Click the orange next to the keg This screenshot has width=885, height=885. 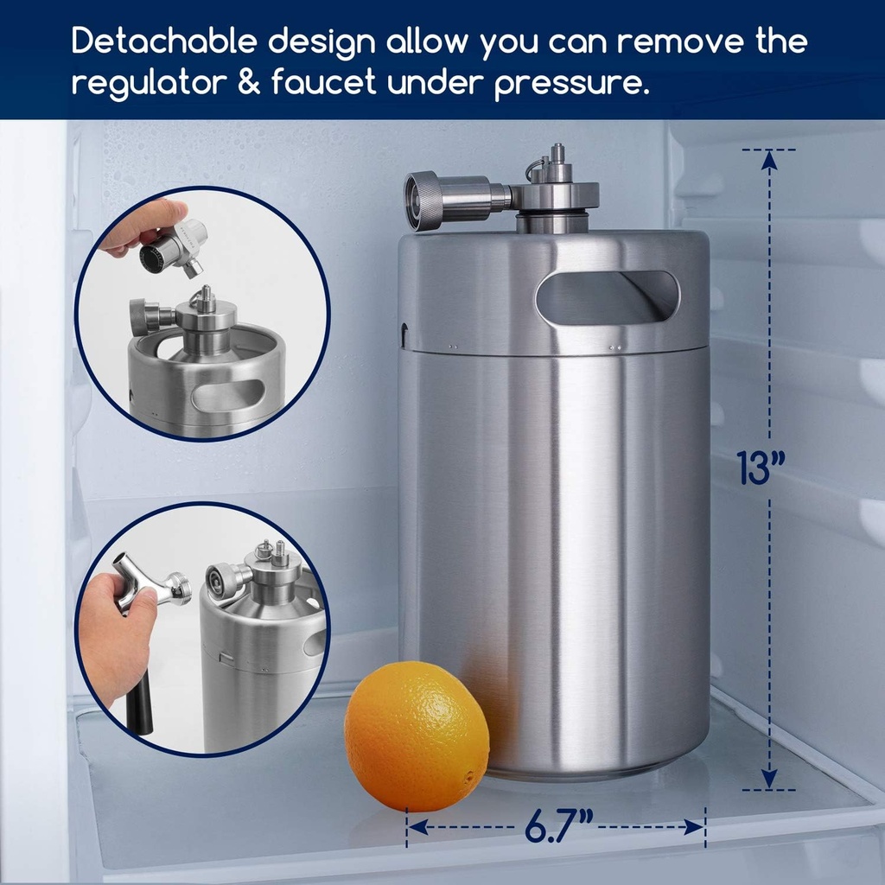point(417,736)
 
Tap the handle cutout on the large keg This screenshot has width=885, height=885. point(607,299)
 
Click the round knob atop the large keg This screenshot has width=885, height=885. point(425,201)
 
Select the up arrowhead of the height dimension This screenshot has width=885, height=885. point(768,159)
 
